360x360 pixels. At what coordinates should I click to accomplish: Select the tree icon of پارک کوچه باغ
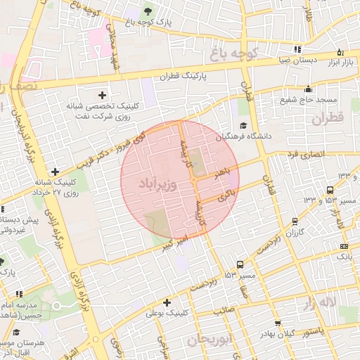tap(147, 11)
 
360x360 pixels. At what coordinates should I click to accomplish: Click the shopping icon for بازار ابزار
tap(341, 52)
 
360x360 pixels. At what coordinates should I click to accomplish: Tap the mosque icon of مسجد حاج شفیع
tap(308, 89)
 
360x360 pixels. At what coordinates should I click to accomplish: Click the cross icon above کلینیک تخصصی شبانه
tap(103, 94)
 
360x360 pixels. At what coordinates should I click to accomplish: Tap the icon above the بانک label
tap(343, 246)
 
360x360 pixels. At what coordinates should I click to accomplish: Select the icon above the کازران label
tap(293, 221)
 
